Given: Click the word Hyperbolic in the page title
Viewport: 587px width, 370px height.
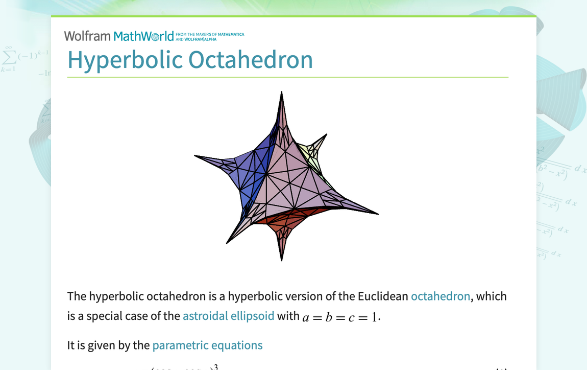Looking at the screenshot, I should pyautogui.click(x=125, y=60).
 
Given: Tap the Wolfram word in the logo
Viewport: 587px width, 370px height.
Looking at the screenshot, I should pyautogui.click(x=87, y=36).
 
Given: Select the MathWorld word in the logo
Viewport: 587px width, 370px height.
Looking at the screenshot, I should pyautogui.click(x=143, y=36).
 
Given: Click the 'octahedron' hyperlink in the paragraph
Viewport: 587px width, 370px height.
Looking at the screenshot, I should pyautogui.click(x=440, y=296).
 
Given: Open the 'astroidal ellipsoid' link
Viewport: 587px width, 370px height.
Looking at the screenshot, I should pyautogui.click(x=228, y=316).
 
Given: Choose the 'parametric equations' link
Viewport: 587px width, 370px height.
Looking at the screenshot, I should pyautogui.click(x=207, y=345).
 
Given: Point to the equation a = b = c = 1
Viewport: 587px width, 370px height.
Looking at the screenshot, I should pyautogui.click(x=341, y=317).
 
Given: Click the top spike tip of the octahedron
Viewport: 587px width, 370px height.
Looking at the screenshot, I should pyautogui.click(x=282, y=93).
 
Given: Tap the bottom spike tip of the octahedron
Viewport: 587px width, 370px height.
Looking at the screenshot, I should pyautogui.click(x=282, y=259).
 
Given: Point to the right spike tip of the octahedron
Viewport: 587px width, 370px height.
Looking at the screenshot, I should pyautogui.click(x=377, y=214).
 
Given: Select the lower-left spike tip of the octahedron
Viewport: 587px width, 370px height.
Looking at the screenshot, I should pyautogui.click(x=228, y=242).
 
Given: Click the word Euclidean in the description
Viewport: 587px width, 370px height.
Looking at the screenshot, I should pyautogui.click(x=383, y=296).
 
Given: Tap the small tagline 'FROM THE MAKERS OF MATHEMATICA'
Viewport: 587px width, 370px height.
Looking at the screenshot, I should pyautogui.click(x=210, y=34).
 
